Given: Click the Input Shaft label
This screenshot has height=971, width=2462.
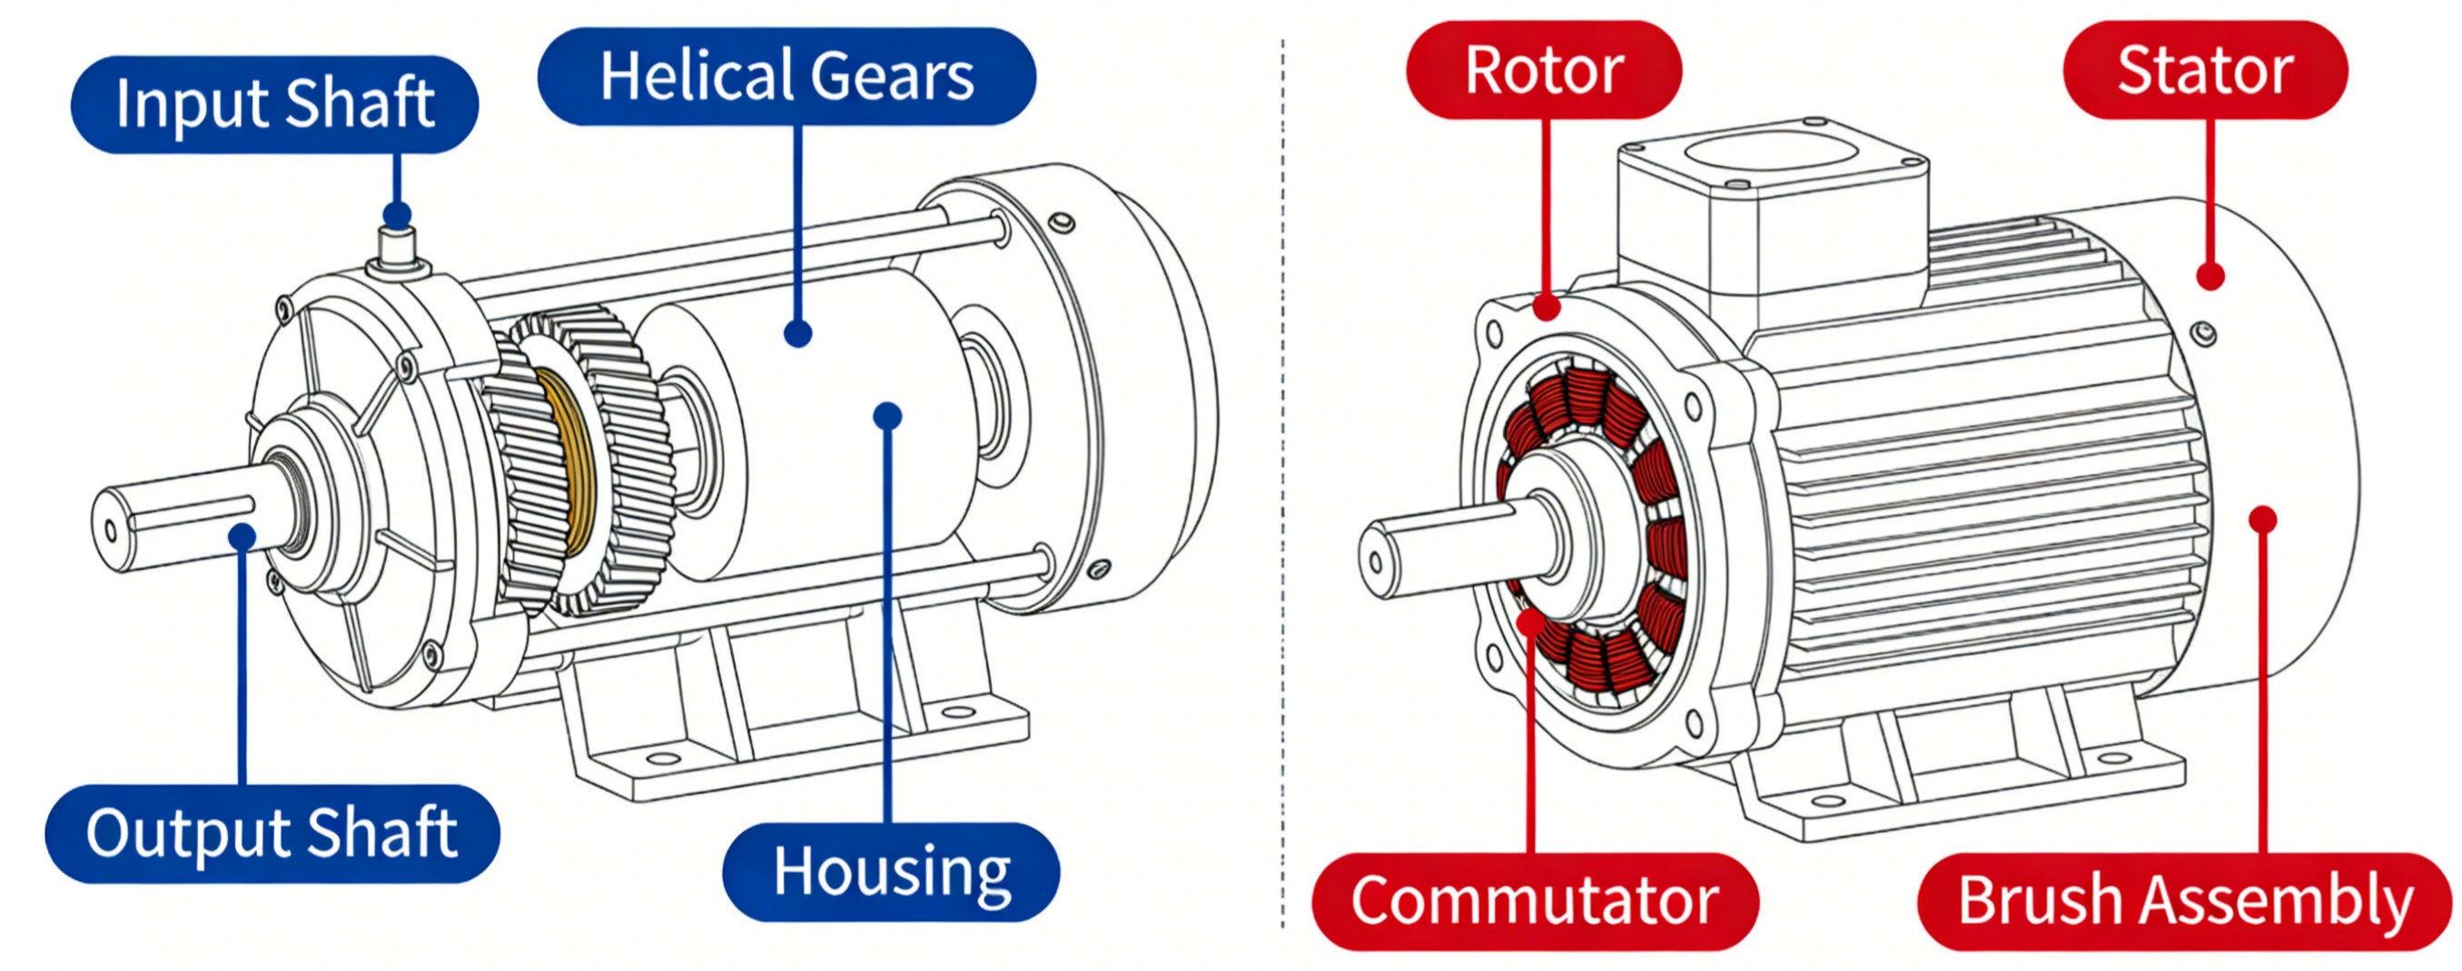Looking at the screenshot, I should coord(274,104).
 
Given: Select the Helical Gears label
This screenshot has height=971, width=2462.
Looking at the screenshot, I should coord(786,75).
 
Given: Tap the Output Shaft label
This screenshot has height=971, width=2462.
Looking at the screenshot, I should coord(272,833).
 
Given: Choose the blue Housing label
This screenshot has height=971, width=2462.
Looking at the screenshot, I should coord(891,872).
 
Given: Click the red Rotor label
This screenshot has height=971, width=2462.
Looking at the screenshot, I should coord(1544,70).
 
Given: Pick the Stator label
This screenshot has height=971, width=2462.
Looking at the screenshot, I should coord(2205,70).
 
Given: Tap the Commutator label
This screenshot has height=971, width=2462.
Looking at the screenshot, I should coord(1535,900).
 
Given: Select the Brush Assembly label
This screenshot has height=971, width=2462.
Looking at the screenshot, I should coord(2185,900).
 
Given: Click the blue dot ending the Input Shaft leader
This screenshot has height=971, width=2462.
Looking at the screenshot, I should coord(397,215).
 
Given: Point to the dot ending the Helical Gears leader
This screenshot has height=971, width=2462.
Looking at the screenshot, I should coord(798,333).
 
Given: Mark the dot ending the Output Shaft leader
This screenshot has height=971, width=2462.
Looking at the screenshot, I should coord(242,537).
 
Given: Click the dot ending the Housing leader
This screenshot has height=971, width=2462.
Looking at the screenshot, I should coord(888,416).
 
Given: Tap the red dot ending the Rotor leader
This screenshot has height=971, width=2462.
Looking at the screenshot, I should coord(1547,307).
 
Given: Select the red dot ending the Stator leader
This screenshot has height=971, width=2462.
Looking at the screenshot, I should coord(2210,276).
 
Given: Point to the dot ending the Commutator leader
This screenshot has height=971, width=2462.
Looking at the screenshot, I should coord(1530,622).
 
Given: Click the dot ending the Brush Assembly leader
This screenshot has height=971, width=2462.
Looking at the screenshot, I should coord(2262,519).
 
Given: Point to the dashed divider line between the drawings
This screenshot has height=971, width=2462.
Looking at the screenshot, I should coord(1282,478).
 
